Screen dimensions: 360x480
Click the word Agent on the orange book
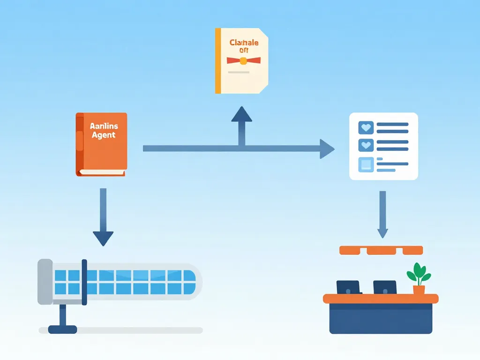[103, 135]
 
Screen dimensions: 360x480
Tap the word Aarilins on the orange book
[104, 126]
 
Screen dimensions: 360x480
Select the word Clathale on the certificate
[244, 43]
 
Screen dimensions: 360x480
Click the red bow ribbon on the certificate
[243, 60]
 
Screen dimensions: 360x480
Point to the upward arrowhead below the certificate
[241, 115]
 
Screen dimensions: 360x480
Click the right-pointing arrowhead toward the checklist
[327, 149]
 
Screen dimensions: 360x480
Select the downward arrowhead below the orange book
[103, 238]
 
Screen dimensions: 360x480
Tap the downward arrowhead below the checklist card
[382, 232]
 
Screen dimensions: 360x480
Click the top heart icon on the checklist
[365, 127]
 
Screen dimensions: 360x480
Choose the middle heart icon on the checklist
[365, 145]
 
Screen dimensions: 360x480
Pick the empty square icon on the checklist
[365, 164]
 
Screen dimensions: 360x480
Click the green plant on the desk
[418, 273]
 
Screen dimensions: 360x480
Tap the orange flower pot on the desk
[419, 290]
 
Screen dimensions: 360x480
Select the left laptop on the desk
[348, 287]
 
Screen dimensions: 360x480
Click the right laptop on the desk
[385, 287]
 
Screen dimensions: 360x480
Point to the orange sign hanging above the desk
[381, 250]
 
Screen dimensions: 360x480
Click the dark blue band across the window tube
[84, 282]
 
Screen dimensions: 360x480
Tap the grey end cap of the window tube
[45, 282]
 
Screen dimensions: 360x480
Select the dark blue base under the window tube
[62, 329]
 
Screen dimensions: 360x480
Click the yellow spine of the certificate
[217, 61]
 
